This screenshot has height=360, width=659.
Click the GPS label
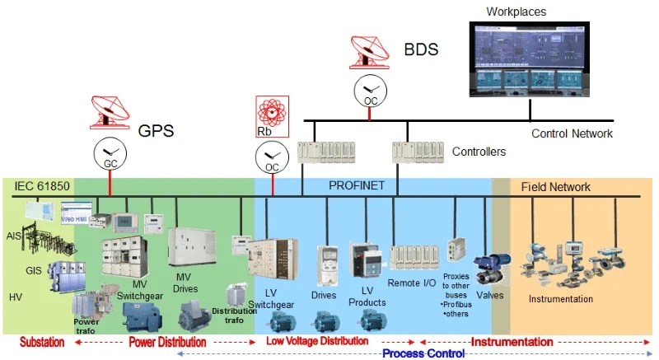point(157,130)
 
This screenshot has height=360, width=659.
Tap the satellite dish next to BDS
point(368,51)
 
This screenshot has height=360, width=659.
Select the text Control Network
point(572,133)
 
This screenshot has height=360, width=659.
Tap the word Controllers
point(479,152)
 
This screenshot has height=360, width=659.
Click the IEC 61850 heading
point(42,187)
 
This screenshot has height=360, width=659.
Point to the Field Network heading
point(555,187)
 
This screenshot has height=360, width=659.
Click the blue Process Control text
point(423,353)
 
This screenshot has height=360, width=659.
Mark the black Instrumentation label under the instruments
point(560,298)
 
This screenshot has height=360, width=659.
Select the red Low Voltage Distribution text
point(316,341)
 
